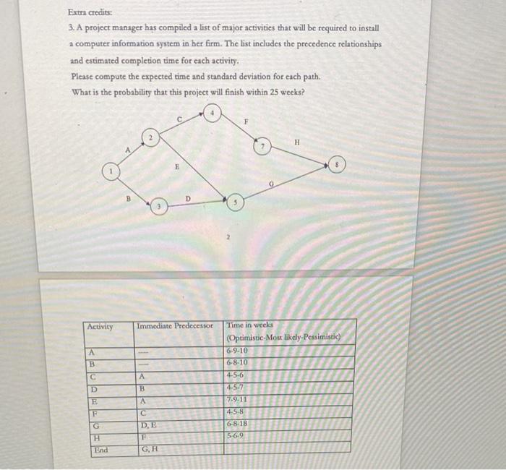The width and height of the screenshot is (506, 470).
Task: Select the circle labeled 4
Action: point(213,114)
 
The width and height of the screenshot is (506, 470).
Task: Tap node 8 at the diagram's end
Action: point(336,164)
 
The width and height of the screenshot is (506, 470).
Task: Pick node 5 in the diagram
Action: point(233,204)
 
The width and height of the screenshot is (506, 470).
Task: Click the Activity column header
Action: point(100,327)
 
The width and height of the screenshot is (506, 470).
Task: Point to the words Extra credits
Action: point(85,12)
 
